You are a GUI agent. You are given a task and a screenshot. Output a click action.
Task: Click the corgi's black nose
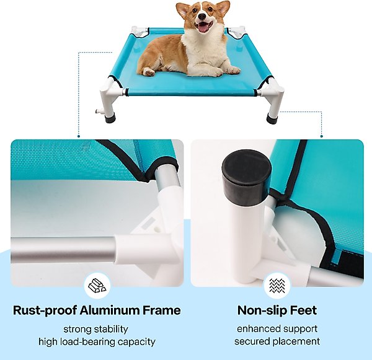pyautogui.click(x=202, y=16)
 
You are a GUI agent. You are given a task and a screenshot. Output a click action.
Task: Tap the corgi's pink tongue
pyautogui.click(x=203, y=27)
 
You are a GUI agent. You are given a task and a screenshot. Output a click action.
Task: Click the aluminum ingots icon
pyautogui.click(x=97, y=286)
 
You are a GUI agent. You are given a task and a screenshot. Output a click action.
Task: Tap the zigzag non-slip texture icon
pyautogui.click(x=277, y=286)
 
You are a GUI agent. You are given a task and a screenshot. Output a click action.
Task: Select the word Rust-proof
pyautogui.click(x=45, y=310)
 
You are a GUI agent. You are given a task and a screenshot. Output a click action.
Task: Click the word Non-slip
pyautogui.click(x=260, y=310)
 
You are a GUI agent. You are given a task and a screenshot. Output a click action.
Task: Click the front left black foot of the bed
pyautogui.click(x=110, y=118)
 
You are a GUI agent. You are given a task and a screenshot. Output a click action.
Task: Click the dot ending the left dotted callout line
pyautogui.click(x=79, y=136)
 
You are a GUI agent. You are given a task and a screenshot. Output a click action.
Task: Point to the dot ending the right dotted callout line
pyautogui.click(x=322, y=136)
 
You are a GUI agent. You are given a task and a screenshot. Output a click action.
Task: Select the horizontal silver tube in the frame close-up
pyautogui.click(x=64, y=250)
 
